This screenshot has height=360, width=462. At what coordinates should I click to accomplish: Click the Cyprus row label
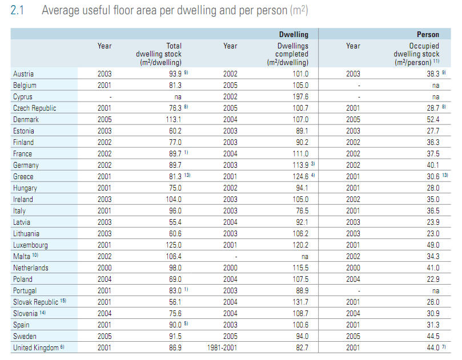pyautogui.click(x=23, y=97)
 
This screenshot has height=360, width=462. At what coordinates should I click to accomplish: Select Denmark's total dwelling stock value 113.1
pyautogui.click(x=174, y=119)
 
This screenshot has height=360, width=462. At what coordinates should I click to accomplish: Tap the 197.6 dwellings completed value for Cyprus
pyautogui.click(x=300, y=97)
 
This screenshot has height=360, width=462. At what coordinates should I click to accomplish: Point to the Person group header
pyautogui.click(x=428, y=34)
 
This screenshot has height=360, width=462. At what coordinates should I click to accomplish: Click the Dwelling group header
pyautogui.click(x=294, y=34)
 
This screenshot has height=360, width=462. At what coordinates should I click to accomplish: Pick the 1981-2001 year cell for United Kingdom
pyautogui.click(x=222, y=347)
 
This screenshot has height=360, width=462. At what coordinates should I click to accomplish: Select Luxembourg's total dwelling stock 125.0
pyautogui.click(x=174, y=245)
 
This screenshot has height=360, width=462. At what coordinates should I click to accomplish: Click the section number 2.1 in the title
pyautogui.click(x=17, y=10)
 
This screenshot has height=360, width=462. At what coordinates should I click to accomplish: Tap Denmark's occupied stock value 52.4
pyautogui.click(x=433, y=119)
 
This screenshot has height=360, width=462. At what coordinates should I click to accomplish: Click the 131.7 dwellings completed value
pyautogui.click(x=300, y=302)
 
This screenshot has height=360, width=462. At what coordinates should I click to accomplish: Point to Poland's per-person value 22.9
pyautogui.click(x=433, y=279)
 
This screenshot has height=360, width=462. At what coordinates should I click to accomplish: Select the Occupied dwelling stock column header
pyautogui.click(x=416, y=54)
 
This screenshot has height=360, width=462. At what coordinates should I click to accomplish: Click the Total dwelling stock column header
pyautogui.click(x=159, y=54)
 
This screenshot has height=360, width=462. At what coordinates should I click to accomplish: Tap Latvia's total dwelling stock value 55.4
pyautogui.click(x=175, y=223)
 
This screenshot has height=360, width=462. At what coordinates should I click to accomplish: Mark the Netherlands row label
pyautogui.click(x=31, y=268)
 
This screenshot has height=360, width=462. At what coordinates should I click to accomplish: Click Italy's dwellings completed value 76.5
pyautogui.click(x=302, y=211)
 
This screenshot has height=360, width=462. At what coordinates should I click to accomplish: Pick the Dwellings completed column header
pyautogui.click(x=288, y=54)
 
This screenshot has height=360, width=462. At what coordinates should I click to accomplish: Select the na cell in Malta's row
pyautogui.click(x=305, y=257)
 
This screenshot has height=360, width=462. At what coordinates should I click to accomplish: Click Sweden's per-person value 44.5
pyautogui.click(x=433, y=336)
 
